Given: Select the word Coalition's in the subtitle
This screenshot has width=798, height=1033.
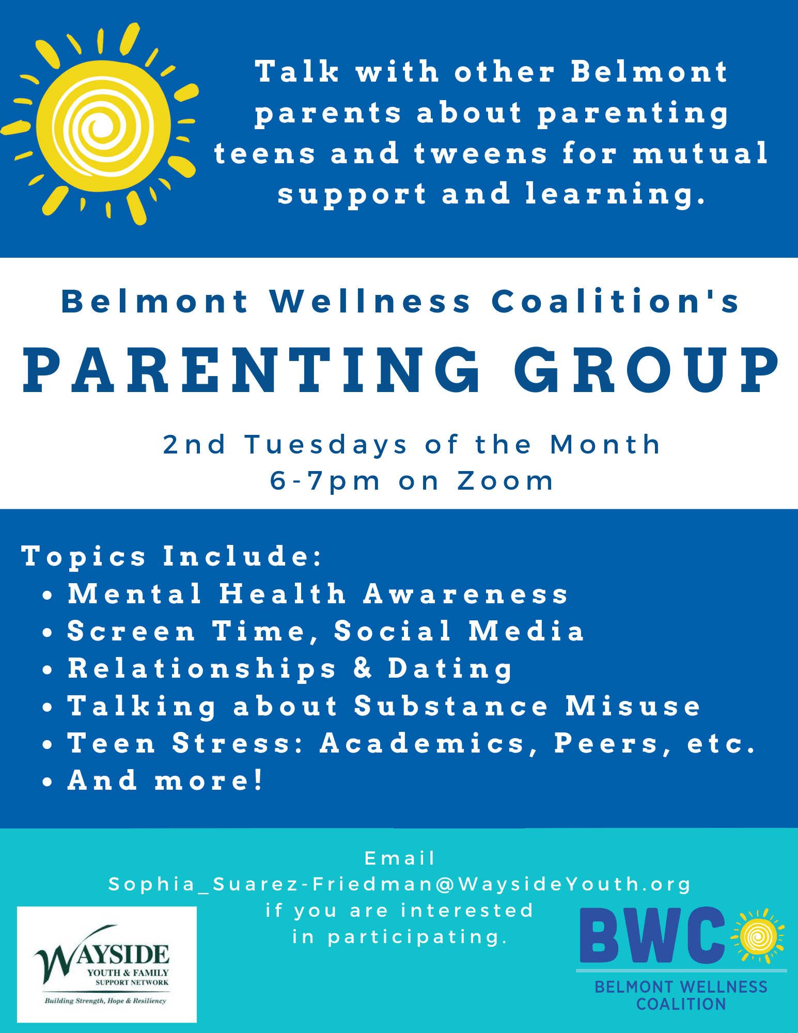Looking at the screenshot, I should [x=615, y=301].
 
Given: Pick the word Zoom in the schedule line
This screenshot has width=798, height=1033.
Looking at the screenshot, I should [x=505, y=481].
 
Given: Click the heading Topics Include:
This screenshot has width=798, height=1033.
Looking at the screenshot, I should [x=172, y=556].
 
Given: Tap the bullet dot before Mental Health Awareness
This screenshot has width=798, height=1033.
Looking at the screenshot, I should [x=48, y=596].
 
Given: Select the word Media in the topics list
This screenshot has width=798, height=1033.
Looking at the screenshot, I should [x=526, y=631].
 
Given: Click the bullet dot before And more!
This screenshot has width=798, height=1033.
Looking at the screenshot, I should [x=48, y=782].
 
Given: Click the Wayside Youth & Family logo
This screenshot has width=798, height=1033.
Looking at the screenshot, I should [x=107, y=964].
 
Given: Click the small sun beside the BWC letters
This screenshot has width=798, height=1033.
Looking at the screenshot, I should [x=757, y=936].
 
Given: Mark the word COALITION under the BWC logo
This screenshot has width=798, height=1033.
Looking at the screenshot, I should [x=681, y=1004].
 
